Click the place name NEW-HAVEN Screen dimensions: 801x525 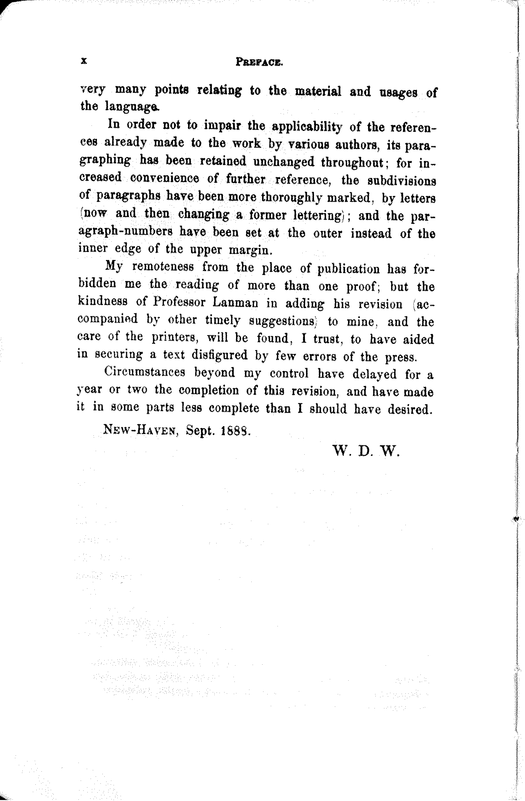(141, 430)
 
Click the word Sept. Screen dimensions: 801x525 (200, 430)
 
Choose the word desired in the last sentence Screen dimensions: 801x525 (409, 409)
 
